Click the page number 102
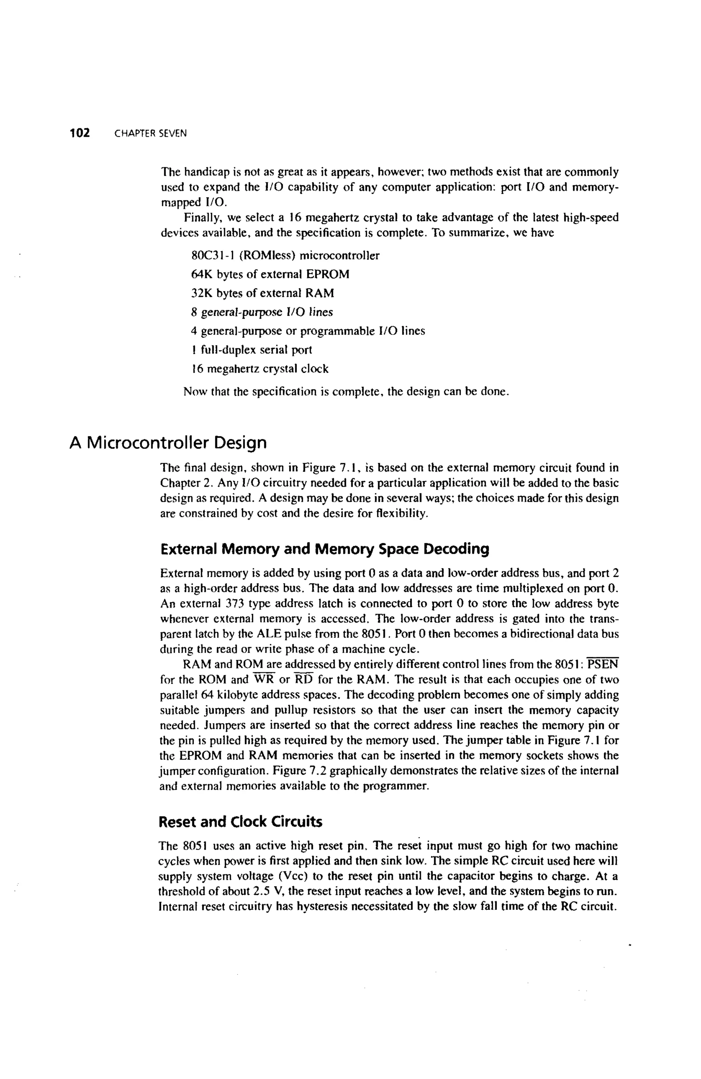coord(80,133)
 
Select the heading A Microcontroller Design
coord(168,442)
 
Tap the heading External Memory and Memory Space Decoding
coord(325,549)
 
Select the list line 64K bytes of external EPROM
coord(270,274)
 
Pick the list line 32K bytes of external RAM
coord(263,293)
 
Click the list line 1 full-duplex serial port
coord(252,350)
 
